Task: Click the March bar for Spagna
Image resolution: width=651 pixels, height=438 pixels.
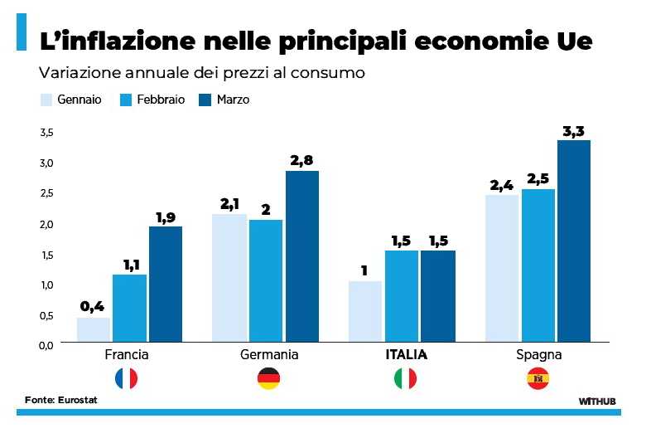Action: tap(574, 241)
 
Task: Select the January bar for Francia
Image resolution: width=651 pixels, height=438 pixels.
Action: tap(93, 329)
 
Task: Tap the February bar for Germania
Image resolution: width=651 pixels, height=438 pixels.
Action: tap(266, 280)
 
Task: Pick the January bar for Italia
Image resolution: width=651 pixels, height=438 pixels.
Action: tap(365, 311)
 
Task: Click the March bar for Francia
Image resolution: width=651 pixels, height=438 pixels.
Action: tap(166, 284)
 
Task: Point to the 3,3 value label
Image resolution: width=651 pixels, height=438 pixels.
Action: tap(574, 131)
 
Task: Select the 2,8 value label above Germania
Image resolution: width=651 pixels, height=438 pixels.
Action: tap(301, 161)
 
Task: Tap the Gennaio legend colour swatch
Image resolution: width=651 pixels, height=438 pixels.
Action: tap(46, 100)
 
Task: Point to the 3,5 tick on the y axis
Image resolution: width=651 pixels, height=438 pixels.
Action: tap(46, 133)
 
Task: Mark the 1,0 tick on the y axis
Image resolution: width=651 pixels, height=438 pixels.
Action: tap(46, 285)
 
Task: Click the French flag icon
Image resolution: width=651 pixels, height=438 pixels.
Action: tap(127, 379)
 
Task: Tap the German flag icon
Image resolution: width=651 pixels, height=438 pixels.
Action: tap(268, 379)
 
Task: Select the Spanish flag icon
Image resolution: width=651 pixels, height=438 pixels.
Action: tap(538, 379)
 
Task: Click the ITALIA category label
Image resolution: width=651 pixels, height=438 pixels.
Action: tap(406, 355)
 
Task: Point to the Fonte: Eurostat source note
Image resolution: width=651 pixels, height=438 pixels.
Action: tap(60, 400)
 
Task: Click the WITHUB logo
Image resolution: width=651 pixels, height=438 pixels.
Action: tap(597, 401)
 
